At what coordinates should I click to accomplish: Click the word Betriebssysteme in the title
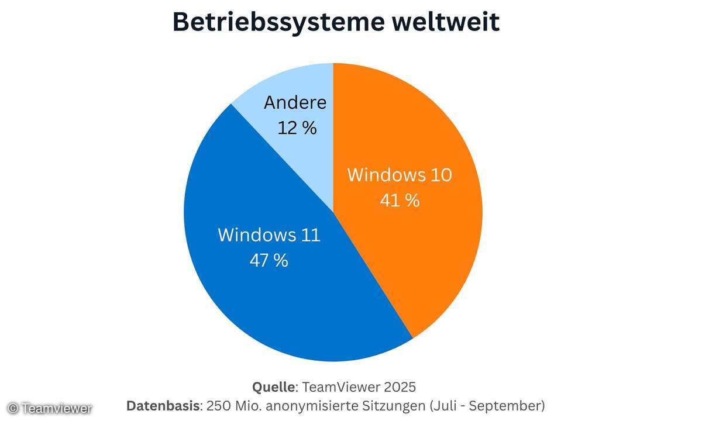click(x=274, y=22)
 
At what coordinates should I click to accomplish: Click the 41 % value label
click(x=400, y=201)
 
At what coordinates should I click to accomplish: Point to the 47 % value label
click(x=269, y=260)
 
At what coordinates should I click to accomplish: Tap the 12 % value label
click(x=297, y=127)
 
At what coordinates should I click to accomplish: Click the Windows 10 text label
click(x=400, y=175)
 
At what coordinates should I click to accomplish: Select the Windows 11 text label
click(x=269, y=235)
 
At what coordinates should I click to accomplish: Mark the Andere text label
click(x=295, y=102)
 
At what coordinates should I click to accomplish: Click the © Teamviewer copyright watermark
click(x=50, y=408)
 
